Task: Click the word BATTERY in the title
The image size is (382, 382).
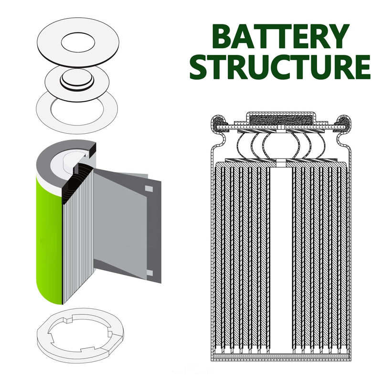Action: coord(280,36)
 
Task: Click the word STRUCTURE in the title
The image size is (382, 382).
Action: coord(280,66)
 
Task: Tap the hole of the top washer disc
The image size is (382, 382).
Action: coord(78,42)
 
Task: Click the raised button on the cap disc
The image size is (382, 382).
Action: coord(77,80)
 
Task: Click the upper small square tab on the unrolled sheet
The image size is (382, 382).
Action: coord(149,189)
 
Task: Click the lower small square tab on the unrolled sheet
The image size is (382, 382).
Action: coord(149,273)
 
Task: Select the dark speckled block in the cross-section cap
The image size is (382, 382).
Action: coord(281,120)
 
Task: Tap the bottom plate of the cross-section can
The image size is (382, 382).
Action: coord(281,357)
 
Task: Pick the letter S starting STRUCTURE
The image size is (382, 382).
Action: coord(200,66)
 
